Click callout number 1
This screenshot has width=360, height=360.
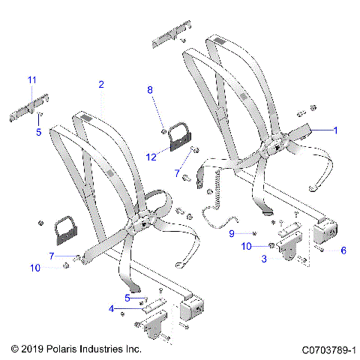coord(335,130)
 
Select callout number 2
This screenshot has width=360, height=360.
coord(101,85)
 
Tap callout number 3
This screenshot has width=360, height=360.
coord(264,259)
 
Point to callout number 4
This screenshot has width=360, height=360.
coord(112,308)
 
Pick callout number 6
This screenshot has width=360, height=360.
coord(343,250)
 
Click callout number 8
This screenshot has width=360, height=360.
coord(149,90)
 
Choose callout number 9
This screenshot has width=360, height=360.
coord(232,233)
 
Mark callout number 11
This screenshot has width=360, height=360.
coord(31,79)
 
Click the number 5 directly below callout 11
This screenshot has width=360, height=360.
coord(40,132)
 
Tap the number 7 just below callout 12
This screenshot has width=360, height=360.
coord(178,173)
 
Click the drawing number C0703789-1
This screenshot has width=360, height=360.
coord(328,349)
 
